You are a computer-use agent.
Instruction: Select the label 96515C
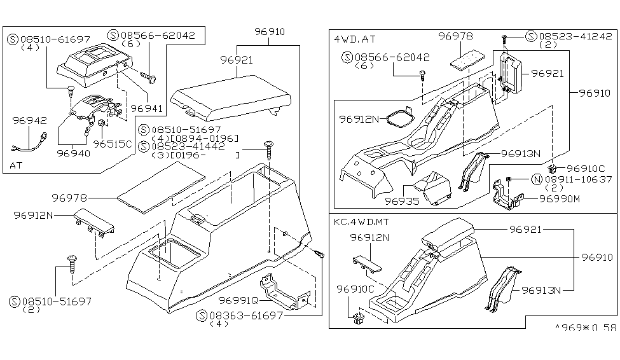[112, 144]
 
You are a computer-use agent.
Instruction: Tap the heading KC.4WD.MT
[360, 223]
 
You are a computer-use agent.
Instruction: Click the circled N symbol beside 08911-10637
[536, 180]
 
